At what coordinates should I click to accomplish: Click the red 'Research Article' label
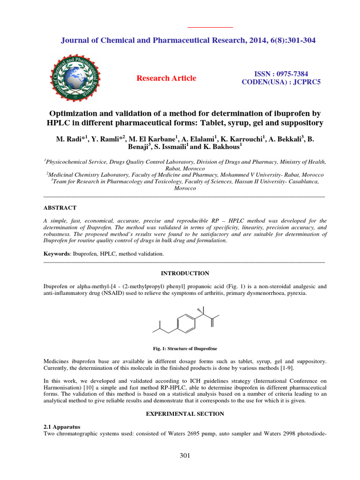click(166, 78)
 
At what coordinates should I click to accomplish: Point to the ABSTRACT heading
click(60, 207)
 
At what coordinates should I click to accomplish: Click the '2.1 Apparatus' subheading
click(62, 427)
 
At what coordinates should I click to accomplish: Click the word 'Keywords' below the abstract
click(56, 254)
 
